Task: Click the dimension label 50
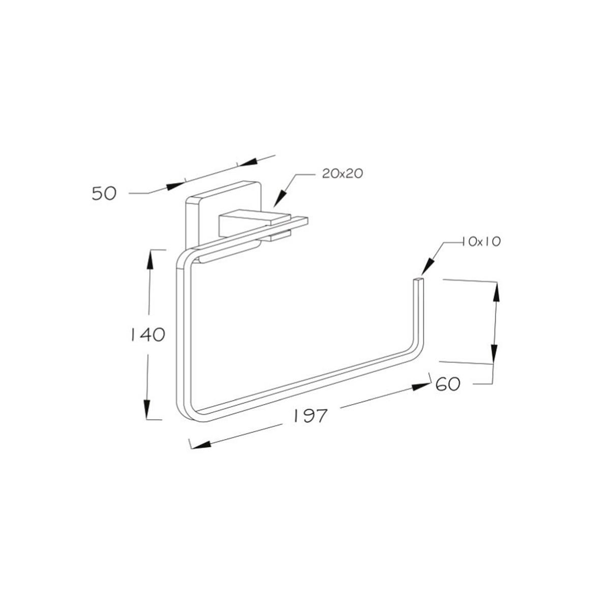point(104,193)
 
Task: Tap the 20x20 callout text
point(342,173)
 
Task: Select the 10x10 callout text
point(481,242)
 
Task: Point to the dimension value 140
point(148,334)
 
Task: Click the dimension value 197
point(309,416)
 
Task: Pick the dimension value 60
point(448,384)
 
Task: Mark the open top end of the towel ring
point(419,280)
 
